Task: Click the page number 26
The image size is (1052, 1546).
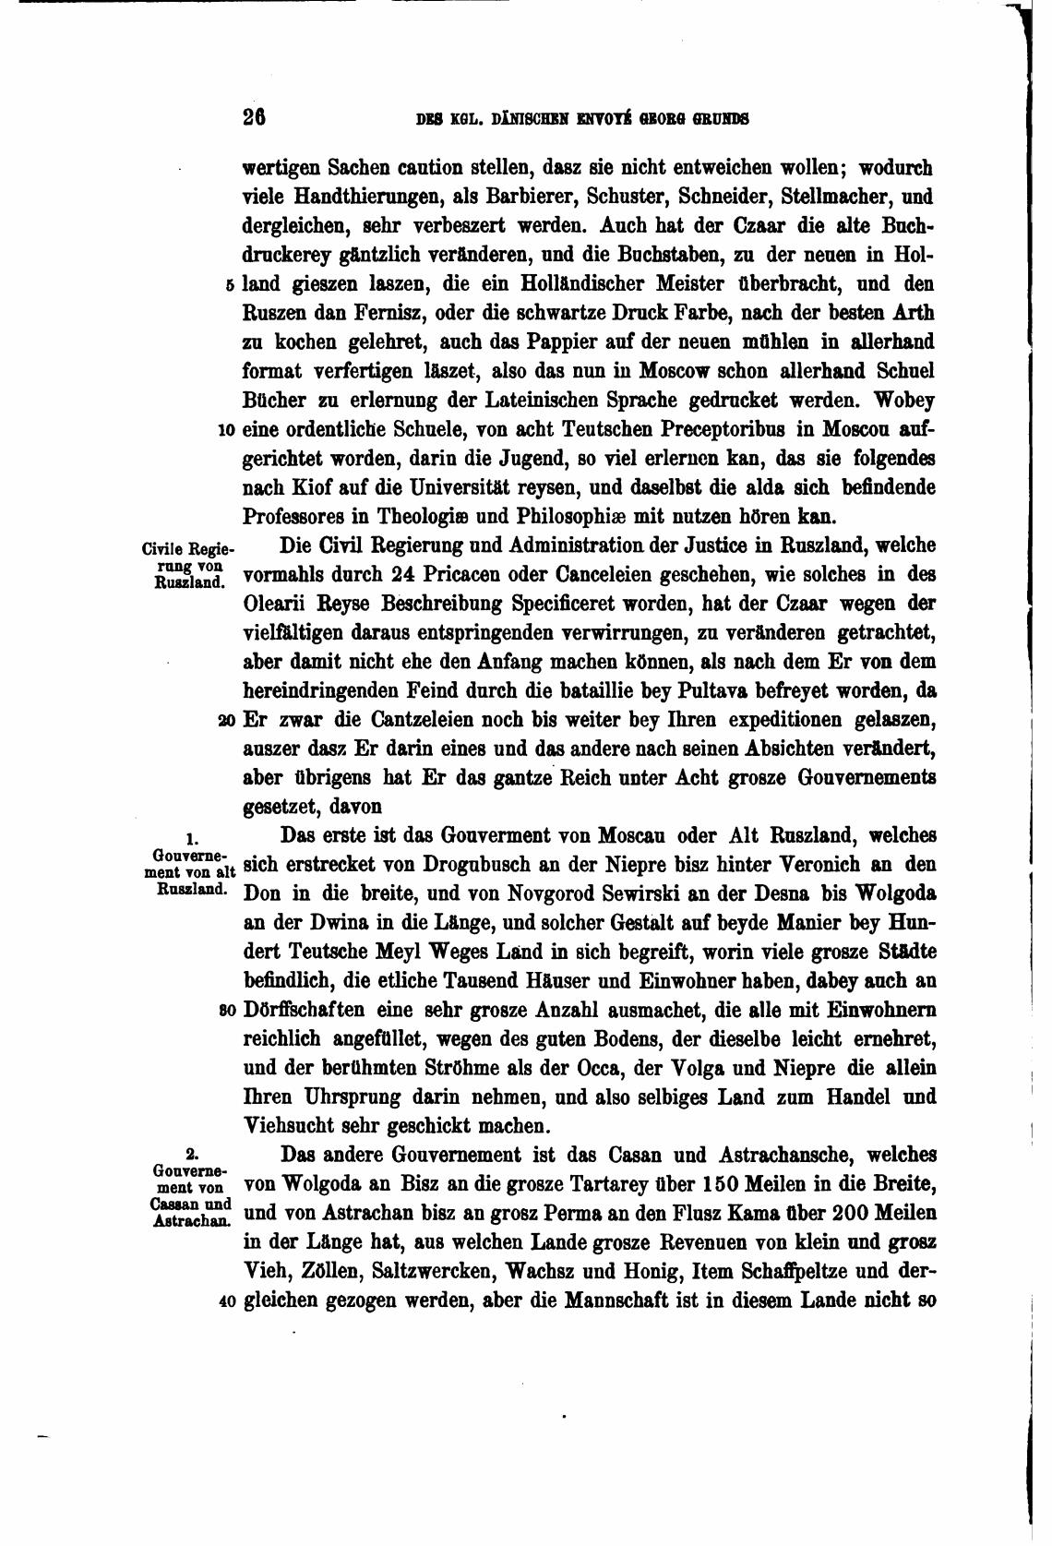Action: coord(254,117)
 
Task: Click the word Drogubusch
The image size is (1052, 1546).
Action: coord(486,866)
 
